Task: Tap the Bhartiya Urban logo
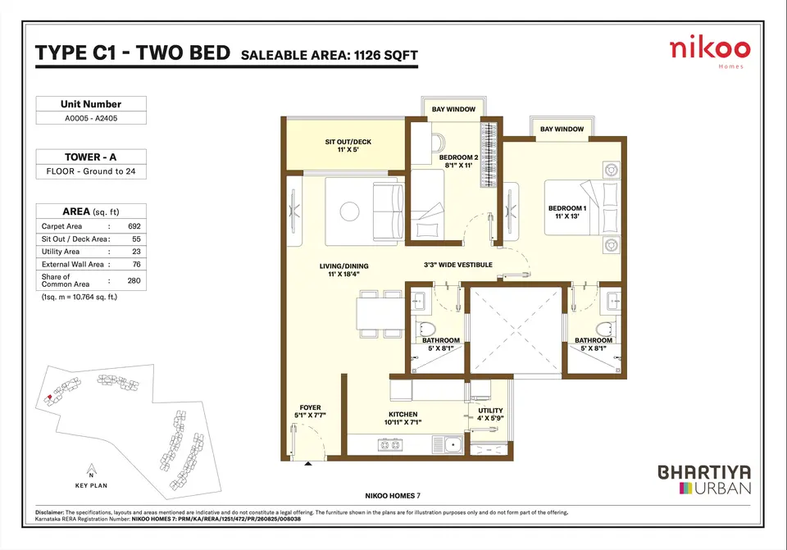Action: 704,480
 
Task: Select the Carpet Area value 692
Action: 134,226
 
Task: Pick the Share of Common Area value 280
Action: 134,280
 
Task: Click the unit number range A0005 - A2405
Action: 91,118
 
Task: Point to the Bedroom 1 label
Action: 567,212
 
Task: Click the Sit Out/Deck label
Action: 348,146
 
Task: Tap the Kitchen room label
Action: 403,418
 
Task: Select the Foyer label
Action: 310,411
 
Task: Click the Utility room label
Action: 490,414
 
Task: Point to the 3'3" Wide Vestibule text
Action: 458,265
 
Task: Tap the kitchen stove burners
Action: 390,444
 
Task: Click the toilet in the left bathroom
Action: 426,330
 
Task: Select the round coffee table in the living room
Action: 349,211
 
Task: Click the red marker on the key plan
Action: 48,398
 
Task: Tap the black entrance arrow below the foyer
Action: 308,464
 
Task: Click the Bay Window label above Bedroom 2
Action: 453,109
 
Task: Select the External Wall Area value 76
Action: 137,265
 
